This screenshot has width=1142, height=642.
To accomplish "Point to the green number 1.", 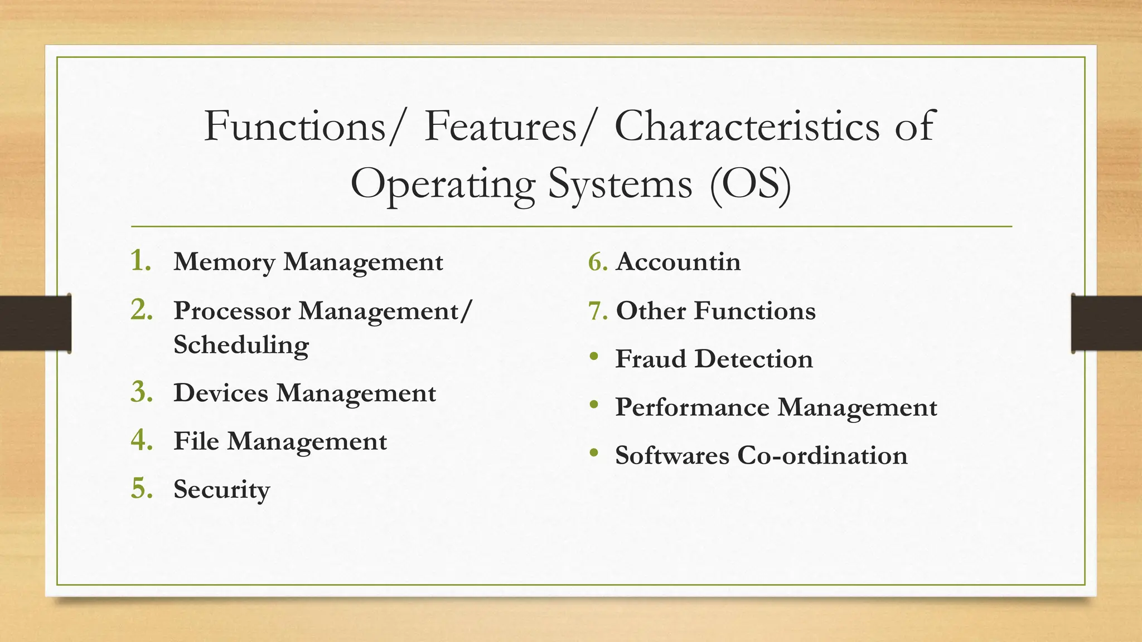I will click(141, 261).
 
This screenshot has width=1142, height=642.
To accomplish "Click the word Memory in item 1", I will click(224, 262).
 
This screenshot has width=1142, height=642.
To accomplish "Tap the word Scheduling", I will click(241, 345).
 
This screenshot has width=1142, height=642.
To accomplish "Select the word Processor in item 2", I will click(232, 311).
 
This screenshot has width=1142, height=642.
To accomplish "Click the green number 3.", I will click(142, 392).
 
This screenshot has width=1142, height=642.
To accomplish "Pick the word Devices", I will click(221, 393).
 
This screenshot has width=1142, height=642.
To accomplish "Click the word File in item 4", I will click(196, 441).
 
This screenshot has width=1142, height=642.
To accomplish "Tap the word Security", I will click(221, 490).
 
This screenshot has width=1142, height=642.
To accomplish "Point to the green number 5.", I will click(142, 489).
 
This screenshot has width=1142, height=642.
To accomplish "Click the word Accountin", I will click(678, 262).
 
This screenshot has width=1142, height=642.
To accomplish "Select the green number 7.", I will click(597, 311).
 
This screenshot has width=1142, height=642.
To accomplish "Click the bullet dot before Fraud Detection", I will click(594, 357).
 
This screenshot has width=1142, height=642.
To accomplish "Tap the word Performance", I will click(691, 407).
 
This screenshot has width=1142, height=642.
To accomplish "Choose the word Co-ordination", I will click(822, 455).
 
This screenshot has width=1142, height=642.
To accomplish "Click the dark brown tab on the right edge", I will click(1106, 323).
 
